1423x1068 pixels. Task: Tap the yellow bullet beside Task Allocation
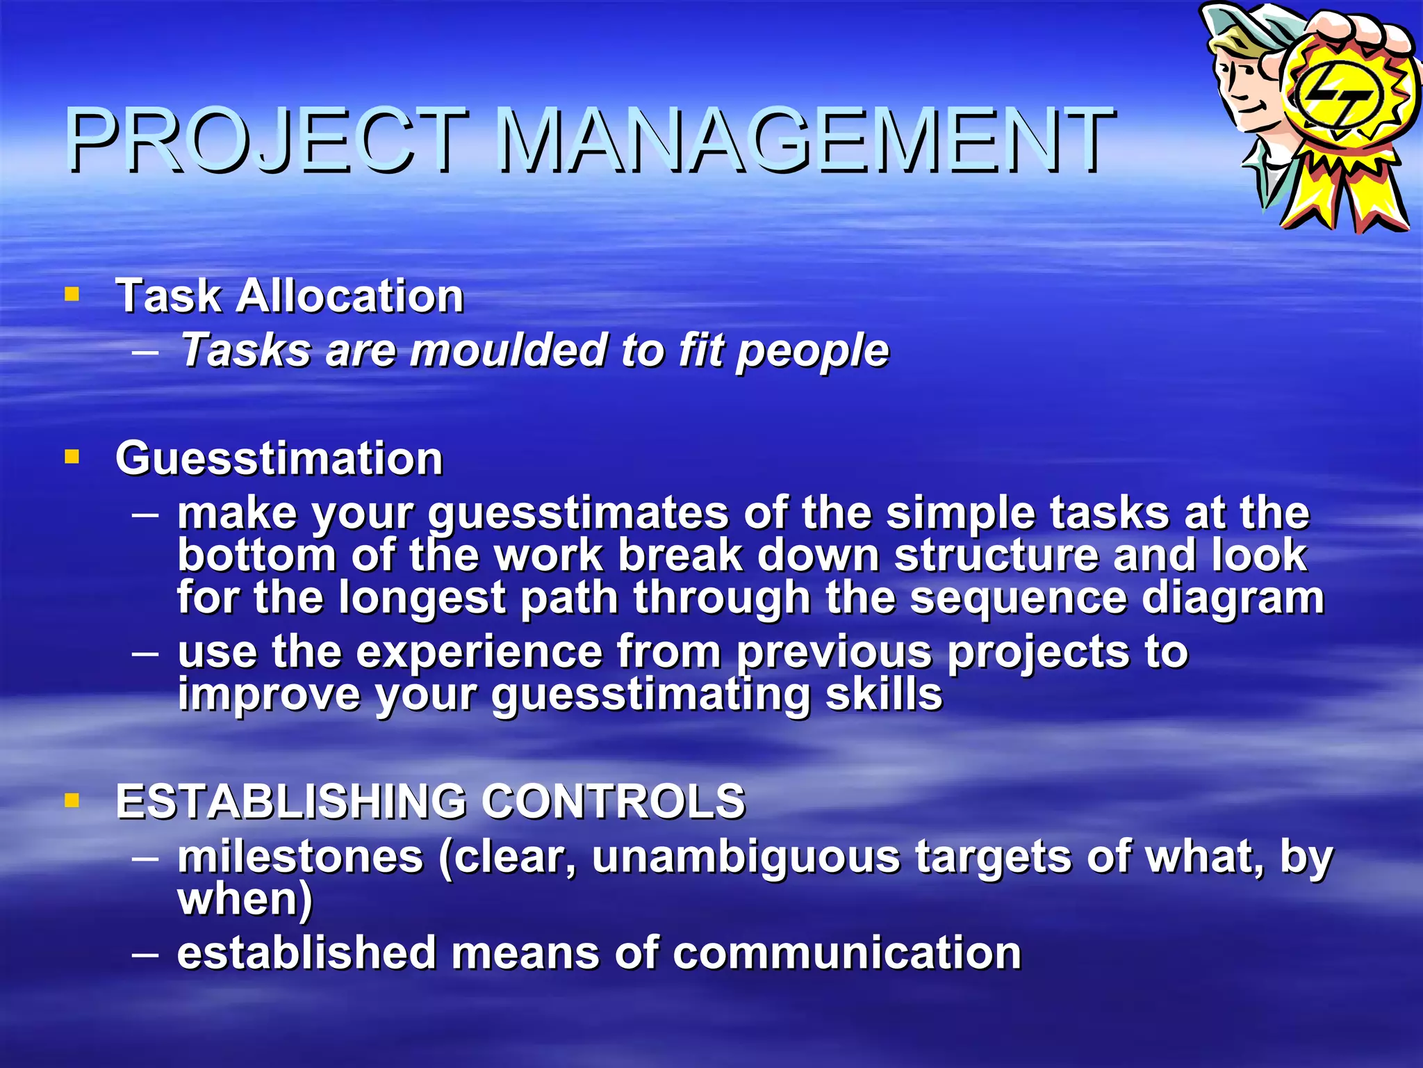click(72, 294)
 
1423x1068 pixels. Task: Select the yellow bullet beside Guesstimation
click(72, 457)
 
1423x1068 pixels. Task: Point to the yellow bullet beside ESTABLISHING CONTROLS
click(72, 800)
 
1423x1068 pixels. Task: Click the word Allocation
click(349, 296)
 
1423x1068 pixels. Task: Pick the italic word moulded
click(508, 350)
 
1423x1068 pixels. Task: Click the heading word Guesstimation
click(279, 459)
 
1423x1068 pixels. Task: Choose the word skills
click(883, 694)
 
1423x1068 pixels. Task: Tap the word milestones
click(300, 857)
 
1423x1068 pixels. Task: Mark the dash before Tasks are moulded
click(145, 351)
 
